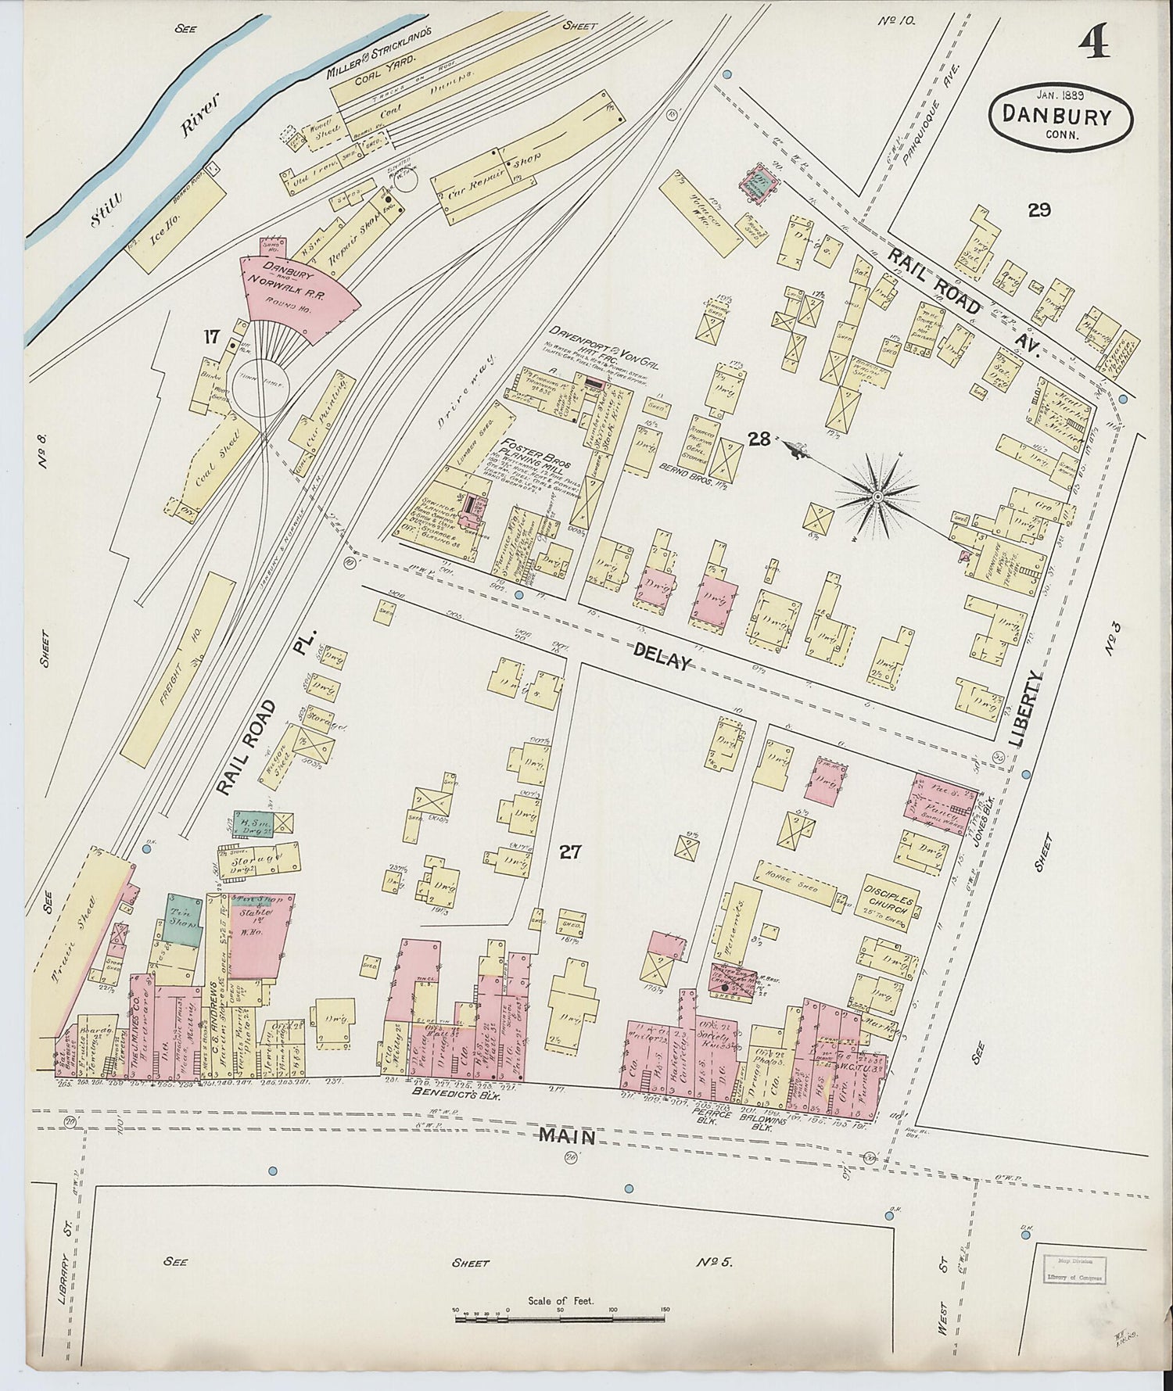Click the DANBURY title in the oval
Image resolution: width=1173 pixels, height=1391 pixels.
[x=1059, y=117]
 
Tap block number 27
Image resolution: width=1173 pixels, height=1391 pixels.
[x=569, y=851]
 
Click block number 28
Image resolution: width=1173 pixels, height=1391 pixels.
[x=758, y=439]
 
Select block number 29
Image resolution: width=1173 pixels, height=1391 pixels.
[x=1039, y=210]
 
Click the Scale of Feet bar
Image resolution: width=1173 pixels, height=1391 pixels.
[x=561, y=1318]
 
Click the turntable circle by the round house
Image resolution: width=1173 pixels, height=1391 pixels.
[x=263, y=386]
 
